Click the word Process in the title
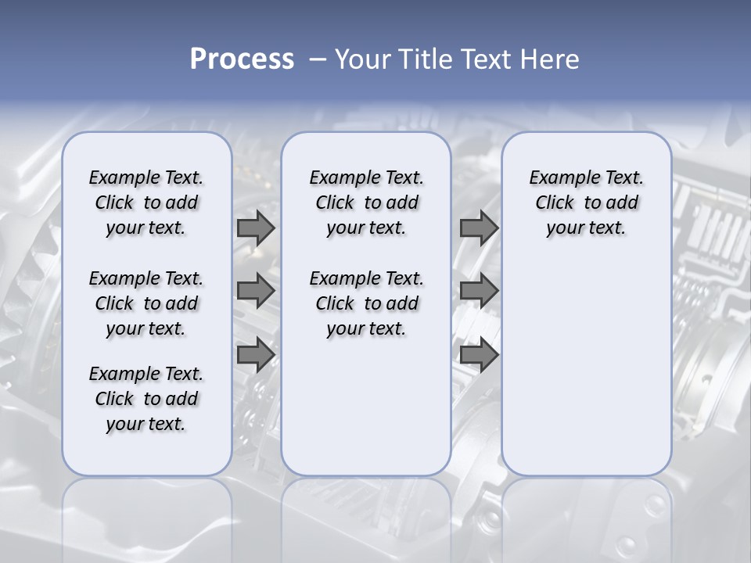242,59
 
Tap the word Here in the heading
551,59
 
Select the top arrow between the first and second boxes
256,228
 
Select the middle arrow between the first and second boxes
256,291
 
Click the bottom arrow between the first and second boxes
256,355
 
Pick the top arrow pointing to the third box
479,228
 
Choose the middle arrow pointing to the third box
479,291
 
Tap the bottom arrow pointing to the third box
479,355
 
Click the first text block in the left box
146,203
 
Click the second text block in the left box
146,303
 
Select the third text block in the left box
146,399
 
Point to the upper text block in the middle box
366,203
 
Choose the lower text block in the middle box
366,303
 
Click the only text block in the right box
586,203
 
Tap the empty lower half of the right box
586,375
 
